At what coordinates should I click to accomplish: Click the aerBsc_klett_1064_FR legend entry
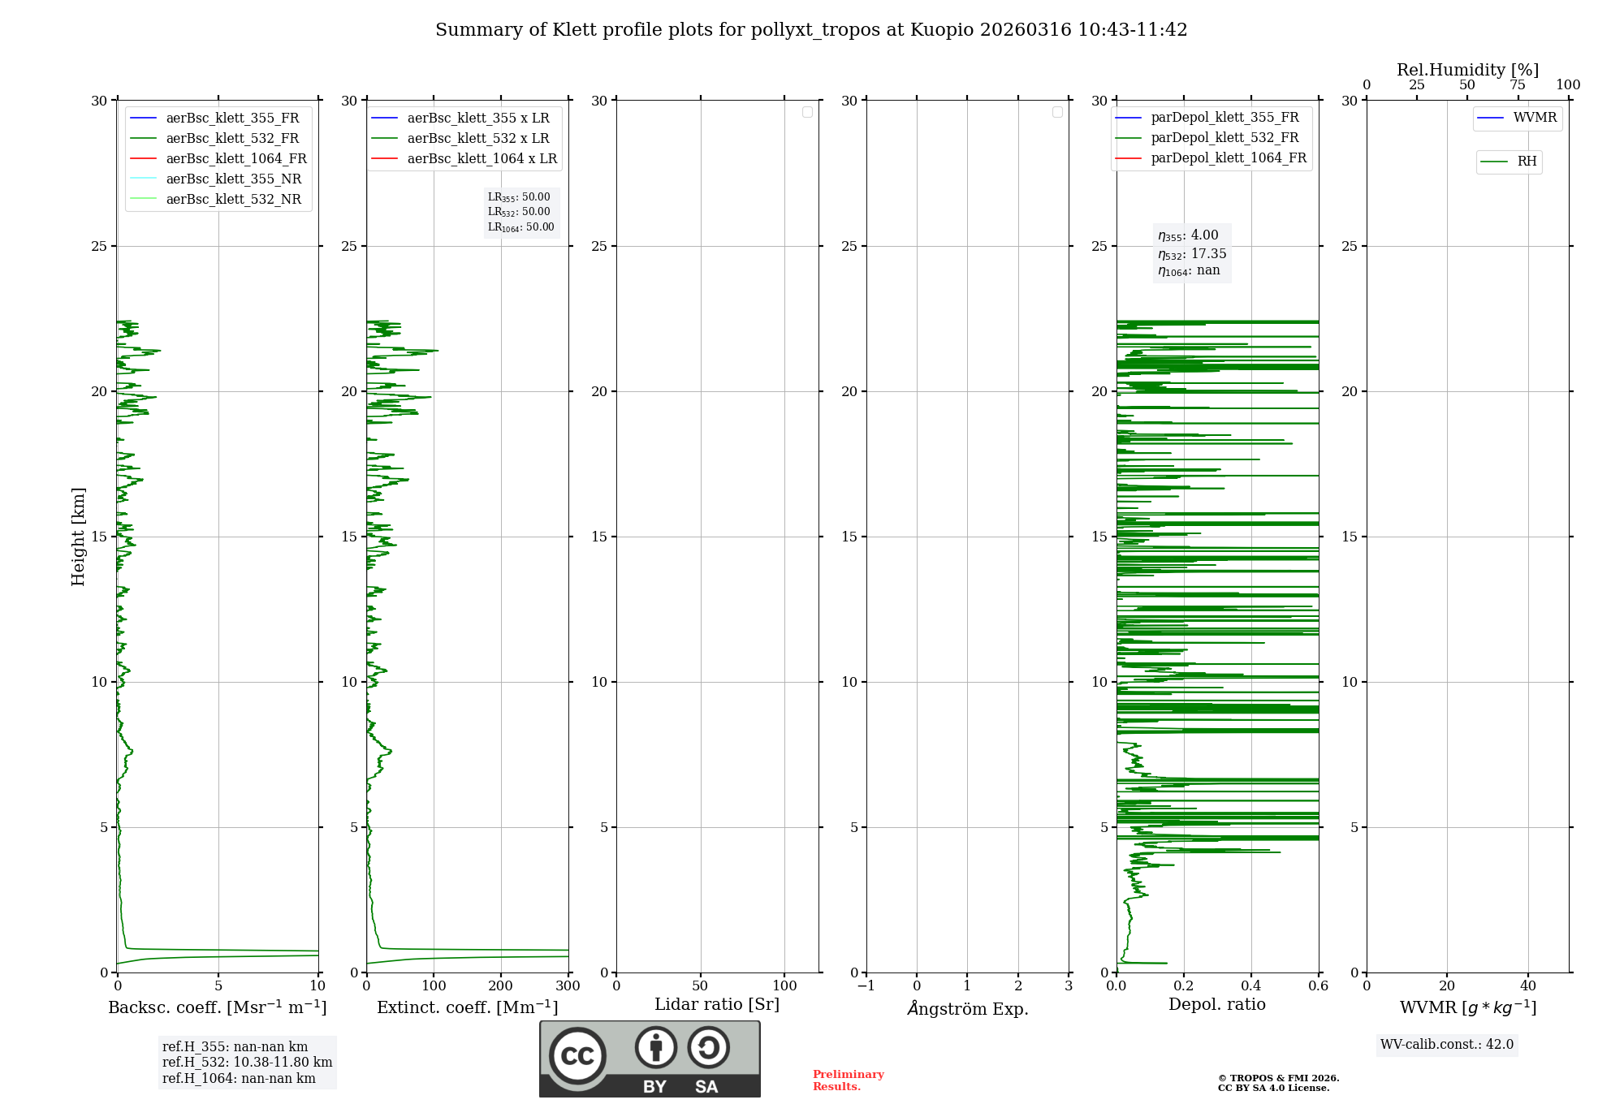[235, 159]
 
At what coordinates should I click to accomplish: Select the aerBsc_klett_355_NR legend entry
[233, 179]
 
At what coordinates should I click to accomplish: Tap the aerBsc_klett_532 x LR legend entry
[477, 139]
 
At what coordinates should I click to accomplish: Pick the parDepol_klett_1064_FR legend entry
[1228, 158]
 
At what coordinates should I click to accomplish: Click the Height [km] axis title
[78, 537]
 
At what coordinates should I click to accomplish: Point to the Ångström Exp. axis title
[967, 1009]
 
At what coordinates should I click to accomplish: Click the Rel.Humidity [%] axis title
[1467, 70]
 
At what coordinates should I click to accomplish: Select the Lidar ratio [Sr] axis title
[717, 1005]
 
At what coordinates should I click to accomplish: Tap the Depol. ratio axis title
[1216, 1005]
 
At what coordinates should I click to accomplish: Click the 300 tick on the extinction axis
[568, 986]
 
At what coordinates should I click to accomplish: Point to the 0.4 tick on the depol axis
[1250, 986]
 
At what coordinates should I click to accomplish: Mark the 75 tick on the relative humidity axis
[1517, 85]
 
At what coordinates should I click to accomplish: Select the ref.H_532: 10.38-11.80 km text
[247, 1063]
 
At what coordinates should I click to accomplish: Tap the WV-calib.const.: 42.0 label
[1446, 1045]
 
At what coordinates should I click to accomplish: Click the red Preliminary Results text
[848, 1080]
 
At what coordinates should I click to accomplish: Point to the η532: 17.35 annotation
[1192, 254]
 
